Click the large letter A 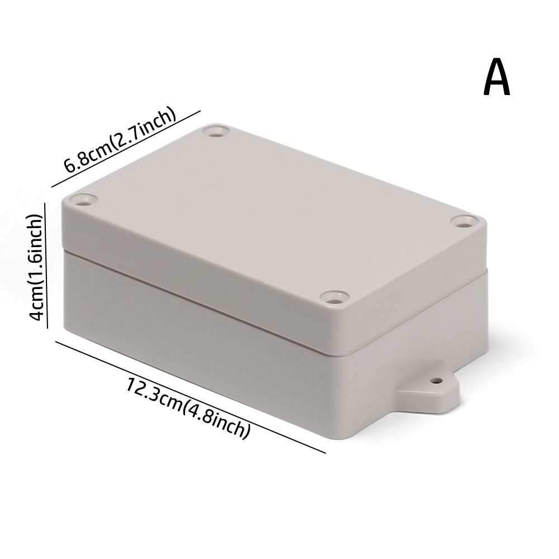tap(496, 79)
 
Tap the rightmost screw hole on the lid tap(464, 221)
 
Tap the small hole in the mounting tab tap(434, 383)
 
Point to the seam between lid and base tap(201, 304)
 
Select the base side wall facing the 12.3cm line tap(196, 347)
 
